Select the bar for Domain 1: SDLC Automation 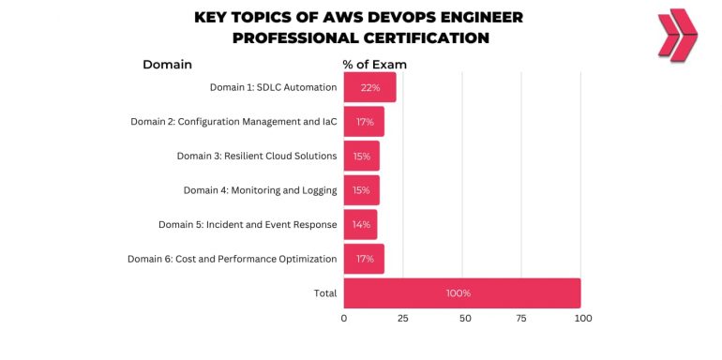[369, 87]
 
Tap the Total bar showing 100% [461, 293]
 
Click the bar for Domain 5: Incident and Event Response [360, 225]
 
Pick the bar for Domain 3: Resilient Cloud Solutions [361, 156]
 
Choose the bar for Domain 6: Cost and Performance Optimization [364, 259]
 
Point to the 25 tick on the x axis [403, 319]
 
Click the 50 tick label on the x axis [463, 319]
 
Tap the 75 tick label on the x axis [523, 319]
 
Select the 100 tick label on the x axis [582, 319]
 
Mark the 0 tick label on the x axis [344, 319]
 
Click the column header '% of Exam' [374, 65]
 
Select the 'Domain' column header [167, 65]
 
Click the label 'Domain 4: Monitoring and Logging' [260, 190]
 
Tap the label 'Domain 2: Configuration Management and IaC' [233, 122]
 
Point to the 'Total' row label [324, 293]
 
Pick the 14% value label [361, 225]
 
